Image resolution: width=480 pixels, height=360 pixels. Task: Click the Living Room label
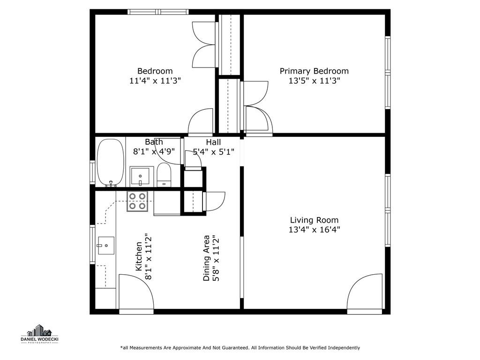coord(314,220)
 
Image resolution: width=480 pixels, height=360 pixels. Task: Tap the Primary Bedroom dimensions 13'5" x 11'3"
coord(315,81)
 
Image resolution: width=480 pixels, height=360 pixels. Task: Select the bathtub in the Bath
coord(111,162)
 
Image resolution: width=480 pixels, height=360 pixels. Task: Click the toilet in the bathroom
coord(164,174)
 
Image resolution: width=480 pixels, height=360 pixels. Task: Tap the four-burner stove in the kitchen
coord(137,201)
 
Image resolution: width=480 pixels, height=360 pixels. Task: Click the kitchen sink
coord(105,246)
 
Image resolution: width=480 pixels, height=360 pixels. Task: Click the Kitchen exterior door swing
coord(136,292)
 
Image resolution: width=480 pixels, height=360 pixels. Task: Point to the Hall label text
coord(213,142)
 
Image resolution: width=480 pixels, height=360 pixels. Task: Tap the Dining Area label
coord(207,258)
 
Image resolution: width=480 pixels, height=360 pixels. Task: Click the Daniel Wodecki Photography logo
coord(39,334)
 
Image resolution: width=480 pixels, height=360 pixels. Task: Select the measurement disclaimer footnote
coord(240,348)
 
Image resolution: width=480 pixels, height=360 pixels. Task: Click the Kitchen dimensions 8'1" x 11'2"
coord(149,257)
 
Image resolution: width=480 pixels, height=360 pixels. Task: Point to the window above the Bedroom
coord(158,12)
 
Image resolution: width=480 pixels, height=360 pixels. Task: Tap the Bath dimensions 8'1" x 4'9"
coord(154,151)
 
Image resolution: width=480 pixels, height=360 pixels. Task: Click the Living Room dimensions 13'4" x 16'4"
coord(315,230)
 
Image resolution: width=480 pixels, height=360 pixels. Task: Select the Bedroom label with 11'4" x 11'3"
coord(155,76)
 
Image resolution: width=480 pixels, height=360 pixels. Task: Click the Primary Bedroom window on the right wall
coord(388,73)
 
